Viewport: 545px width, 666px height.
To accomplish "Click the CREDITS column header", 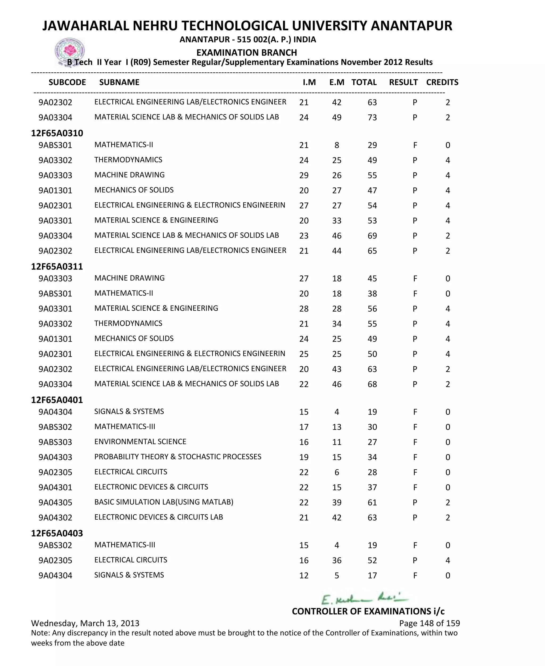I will pyautogui.click(x=442, y=82).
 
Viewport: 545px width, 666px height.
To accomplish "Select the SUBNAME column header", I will pyautogui.click(x=119, y=82).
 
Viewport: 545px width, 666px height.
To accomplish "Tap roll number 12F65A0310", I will pyautogui.click(x=57, y=133).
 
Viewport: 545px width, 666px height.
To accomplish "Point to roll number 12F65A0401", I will pyautogui.click(x=57, y=400).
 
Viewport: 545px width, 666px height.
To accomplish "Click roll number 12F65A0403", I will pyautogui.click(x=57, y=533).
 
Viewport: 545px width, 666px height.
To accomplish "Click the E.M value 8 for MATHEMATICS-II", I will pyautogui.click(x=337, y=145).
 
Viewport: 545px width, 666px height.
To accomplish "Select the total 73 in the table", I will pyautogui.click(x=372, y=117).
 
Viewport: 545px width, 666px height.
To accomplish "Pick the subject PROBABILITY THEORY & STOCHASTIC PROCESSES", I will pyautogui.click(x=178, y=457).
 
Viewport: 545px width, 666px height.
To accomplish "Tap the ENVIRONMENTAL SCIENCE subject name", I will pyautogui.click(x=140, y=442).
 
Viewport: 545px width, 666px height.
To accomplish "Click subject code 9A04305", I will pyautogui.click(x=55, y=502).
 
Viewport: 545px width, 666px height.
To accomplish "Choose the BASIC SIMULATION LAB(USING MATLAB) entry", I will pyautogui.click(x=164, y=502).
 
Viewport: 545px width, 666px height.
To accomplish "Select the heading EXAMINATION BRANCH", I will pyautogui.click(x=246, y=52).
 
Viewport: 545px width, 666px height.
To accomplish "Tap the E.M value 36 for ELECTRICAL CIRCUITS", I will pyautogui.click(x=337, y=560).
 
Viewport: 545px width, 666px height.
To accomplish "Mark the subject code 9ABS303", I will pyautogui.click(x=55, y=442).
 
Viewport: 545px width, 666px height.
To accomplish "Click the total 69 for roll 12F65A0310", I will pyautogui.click(x=372, y=236).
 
